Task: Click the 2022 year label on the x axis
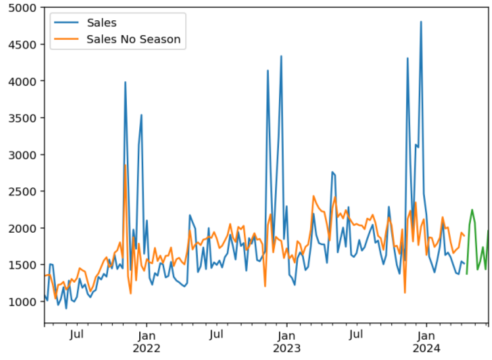point(146,348)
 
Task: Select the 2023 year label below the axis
point(286,348)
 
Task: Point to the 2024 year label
point(426,348)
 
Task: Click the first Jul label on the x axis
point(77,335)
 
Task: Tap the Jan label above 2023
point(286,335)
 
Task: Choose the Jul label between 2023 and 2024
point(356,335)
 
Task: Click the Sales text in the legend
point(101,23)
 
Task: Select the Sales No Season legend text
point(133,39)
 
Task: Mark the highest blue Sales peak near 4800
point(421,21)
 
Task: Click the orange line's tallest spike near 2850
point(125,165)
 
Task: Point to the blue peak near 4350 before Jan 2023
point(281,56)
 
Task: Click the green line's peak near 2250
point(472,210)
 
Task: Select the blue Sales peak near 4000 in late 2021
point(125,82)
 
